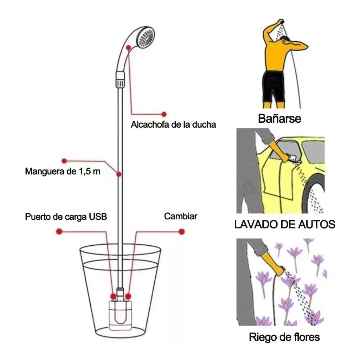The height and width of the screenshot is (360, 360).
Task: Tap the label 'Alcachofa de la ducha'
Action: click(x=173, y=124)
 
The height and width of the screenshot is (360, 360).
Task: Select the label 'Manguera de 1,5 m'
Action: click(x=63, y=171)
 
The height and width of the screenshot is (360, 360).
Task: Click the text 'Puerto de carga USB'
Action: click(x=66, y=217)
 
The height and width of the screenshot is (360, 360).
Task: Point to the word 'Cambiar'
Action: click(x=181, y=216)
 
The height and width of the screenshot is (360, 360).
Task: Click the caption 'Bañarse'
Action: click(x=279, y=118)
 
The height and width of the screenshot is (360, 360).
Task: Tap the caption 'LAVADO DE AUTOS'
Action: click(x=285, y=224)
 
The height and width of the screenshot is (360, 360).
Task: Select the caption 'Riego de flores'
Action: click(x=284, y=337)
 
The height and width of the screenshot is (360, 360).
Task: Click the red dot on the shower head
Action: click(x=129, y=47)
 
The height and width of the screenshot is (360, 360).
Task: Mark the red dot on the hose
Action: click(x=119, y=174)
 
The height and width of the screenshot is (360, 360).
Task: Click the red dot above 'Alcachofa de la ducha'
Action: click(x=164, y=114)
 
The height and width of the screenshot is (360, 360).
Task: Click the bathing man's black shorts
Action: click(x=274, y=86)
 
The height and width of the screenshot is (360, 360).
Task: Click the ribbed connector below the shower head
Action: click(x=120, y=80)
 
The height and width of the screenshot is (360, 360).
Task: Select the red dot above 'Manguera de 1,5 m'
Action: click(x=64, y=161)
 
